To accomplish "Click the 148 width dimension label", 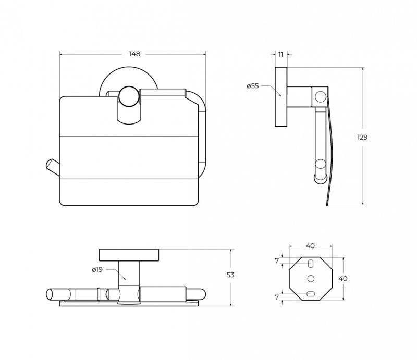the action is click(134, 54).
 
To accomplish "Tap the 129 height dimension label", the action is click(362, 137).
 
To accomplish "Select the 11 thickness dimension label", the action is click(281, 55).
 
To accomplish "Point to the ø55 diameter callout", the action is click(253, 86).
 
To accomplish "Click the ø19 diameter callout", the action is click(97, 269).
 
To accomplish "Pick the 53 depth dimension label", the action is click(230, 275).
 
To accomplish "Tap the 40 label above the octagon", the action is click(310, 246).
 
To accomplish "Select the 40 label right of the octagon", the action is click(343, 279).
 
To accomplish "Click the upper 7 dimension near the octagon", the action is click(277, 261).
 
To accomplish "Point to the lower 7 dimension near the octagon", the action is click(277, 297).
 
